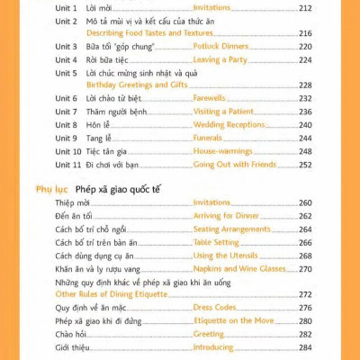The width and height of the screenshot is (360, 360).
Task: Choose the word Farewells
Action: point(212,98)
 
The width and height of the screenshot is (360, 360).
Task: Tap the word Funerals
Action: point(211,139)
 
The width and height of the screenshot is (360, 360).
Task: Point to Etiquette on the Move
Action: point(235,320)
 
